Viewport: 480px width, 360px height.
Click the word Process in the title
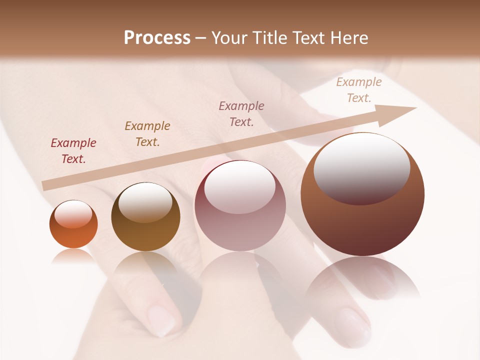pos(157,38)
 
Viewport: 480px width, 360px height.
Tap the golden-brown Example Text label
pos(147,134)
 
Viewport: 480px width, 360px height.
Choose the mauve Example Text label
pos(241,114)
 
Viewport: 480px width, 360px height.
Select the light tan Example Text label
pos(359,90)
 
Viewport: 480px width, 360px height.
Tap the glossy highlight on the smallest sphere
pos(73,214)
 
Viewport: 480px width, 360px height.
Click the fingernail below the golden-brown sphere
pos(163,320)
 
